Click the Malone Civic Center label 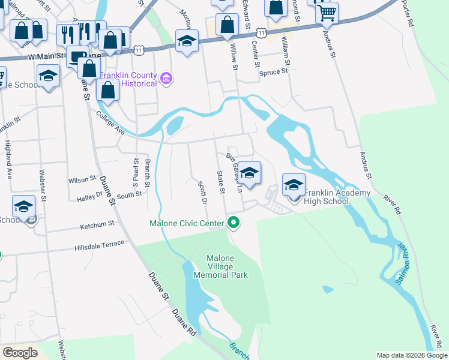click(187, 224)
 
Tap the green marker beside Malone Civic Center click(234, 224)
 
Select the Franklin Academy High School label click(327, 197)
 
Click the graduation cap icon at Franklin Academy click(294, 185)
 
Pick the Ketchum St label click(98, 224)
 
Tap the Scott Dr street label click(202, 193)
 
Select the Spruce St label click(274, 71)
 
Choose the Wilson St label click(82, 179)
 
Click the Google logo click(20, 352)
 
